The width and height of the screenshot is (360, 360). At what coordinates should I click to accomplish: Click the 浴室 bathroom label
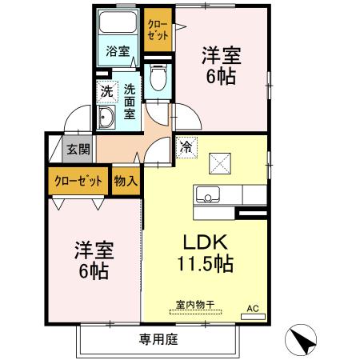(x=118, y=53)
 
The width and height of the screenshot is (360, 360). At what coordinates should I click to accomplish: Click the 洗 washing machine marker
(x=106, y=91)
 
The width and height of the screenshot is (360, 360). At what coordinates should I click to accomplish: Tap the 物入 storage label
(x=126, y=181)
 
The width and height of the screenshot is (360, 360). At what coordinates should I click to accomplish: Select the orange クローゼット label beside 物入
(x=78, y=181)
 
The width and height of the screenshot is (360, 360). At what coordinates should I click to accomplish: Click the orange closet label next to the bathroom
(x=157, y=30)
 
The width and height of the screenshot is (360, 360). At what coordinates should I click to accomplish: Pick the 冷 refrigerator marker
(x=186, y=147)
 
